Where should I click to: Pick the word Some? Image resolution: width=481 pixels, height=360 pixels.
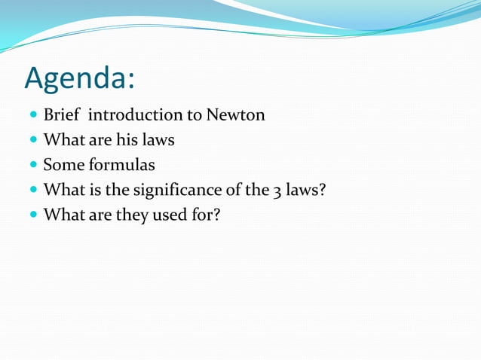coord(61,164)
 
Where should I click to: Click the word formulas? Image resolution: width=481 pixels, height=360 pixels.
coord(120,164)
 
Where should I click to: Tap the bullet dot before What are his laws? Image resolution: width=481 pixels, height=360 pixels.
coord(33,141)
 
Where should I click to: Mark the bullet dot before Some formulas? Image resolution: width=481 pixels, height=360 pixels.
coord(33,165)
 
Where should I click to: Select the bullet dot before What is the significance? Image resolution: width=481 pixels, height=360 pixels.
coord(33,190)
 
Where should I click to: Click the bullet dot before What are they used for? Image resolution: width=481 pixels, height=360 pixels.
coord(33,215)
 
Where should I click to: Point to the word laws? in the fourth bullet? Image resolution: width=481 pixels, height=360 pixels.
coord(305,189)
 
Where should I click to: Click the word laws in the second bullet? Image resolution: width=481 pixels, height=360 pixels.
coord(158,140)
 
